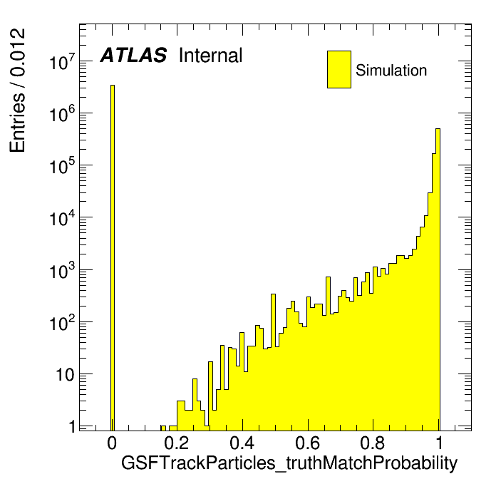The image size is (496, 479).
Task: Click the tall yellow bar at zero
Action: [x=113, y=257]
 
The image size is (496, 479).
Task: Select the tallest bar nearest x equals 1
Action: [x=438, y=279]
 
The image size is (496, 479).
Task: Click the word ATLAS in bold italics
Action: [x=133, y=55]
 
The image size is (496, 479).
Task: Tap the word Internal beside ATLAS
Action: [x=211, y=55]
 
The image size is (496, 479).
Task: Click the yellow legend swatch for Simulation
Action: [x=339, y=69]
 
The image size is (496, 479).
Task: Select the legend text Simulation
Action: [x=391, y=70]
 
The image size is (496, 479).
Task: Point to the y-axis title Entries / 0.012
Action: [x=17, y=91]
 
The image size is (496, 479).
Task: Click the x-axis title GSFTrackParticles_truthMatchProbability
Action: [x=289, y=463]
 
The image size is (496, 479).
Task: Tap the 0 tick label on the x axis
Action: [x=112, y=443]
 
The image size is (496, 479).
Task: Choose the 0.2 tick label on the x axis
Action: [x=177, y=443]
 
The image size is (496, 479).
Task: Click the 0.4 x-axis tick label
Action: [x=242, y=443]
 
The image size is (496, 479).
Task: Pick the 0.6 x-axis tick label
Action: [x=307, y=443]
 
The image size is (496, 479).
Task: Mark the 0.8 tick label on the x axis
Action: [x=373, y=443]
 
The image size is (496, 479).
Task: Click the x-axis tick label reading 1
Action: [x=439, y=443]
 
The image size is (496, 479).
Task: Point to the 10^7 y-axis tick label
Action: [x=63, y=61]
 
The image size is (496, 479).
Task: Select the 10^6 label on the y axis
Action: [x=63, y=113]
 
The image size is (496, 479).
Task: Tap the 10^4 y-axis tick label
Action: [x=63, y=217]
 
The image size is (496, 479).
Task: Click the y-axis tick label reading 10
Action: [x=66, y=375]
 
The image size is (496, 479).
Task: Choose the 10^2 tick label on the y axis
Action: [x=63, y=322]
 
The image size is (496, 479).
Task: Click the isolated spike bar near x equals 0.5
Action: [x=274, y=362]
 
